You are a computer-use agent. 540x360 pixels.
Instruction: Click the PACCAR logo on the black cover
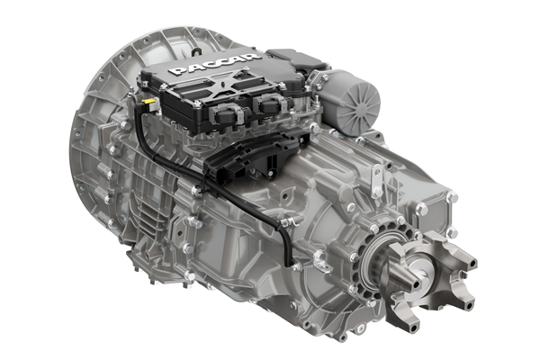pyautogui.click(x=214, y=64)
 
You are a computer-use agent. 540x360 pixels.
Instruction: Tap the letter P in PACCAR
pyautogui.click(x=176, y=71)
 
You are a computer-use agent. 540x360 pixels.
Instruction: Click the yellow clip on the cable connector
pyautogui.click(x=149, y=101)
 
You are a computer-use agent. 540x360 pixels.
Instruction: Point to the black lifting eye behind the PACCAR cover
pyautogui.click(x=196, y=51)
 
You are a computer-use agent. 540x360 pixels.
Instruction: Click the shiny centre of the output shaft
pyautogui.click(x=421, y=269)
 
